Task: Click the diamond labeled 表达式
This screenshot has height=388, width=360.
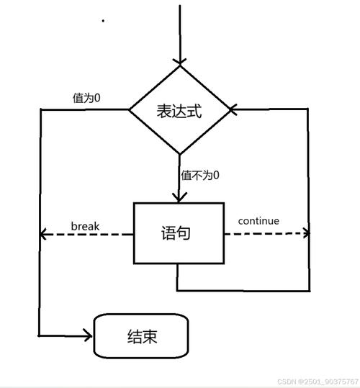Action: [179, 110]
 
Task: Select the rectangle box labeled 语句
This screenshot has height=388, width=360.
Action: [176, 233]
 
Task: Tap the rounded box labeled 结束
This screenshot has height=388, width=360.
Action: [141, 335]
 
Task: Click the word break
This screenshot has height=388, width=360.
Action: [85, 226]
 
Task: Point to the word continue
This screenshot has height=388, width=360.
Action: [258, 221]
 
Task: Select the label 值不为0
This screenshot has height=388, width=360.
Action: [200, 175]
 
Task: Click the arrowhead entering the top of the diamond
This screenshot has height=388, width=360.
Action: [179, 59]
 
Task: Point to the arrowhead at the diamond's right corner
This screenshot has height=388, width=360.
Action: [234, 110]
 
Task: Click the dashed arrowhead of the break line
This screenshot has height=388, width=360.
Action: [43, 234]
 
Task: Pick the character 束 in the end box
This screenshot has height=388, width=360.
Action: [150, 336]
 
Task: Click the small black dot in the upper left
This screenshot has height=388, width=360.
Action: [104, 21]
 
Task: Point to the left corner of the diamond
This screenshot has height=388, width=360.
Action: [130, 110]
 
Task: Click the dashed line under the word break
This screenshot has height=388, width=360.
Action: [86, 234]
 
